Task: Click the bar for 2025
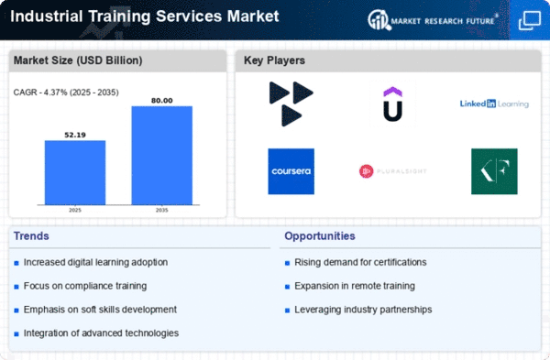click(x=75, y=172)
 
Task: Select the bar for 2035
click(x=161, y=156)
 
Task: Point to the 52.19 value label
click(x=75, y=135)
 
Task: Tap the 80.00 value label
click(x=161, y=101)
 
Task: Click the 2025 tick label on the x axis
click(x=75, y=211)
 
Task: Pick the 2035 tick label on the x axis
click(x=161, y=211)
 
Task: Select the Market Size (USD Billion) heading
click(x=78, y=60)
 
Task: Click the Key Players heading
click(x=274, y=60)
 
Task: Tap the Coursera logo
click(x=291, y=171)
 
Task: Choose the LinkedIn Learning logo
click(x=494, y=104)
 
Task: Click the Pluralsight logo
click(x=393, y=171)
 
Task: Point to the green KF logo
click(x=494, y=171)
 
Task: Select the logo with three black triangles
click(x=291, y=104)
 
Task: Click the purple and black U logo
click(x=393, y=104)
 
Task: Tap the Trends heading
click(x=31, y=236)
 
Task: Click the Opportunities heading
click(x=320, y=236)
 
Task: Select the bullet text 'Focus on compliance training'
click(x=85, y=286)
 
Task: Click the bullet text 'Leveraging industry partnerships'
click(x=363, y=310)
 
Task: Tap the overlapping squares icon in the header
click(x=530, y=20)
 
